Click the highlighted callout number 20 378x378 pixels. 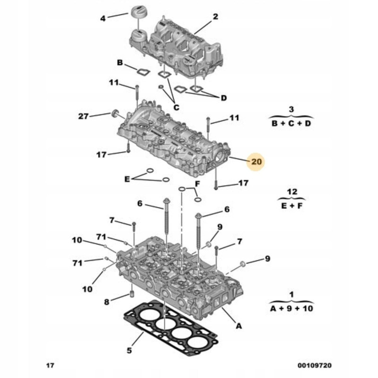(x=256, y=162)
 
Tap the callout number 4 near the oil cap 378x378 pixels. (x=103, y=18)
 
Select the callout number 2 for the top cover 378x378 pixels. (x=215, y=17)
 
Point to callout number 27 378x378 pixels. (x=84, y=116)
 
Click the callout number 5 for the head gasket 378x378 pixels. (x=129, y=350)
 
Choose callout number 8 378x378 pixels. (x=107, y=302)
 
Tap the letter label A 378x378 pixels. (x=239, y=326)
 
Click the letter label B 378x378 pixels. (x=120, y=63)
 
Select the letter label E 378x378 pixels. (x=127, y=179)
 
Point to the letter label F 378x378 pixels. (x=198, y=184)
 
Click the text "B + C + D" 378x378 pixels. (x=291, y=123)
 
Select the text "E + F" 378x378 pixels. (x=292, y=206)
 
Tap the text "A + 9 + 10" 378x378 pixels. (x=292, y=309)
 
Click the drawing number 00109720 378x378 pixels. (x=314, y=365)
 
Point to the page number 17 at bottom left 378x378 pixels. (x=50, y=365)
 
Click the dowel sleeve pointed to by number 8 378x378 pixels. (x=132, y=294)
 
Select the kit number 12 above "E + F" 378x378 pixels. (x=292, y=192)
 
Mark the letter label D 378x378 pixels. (x=223, y=98)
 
